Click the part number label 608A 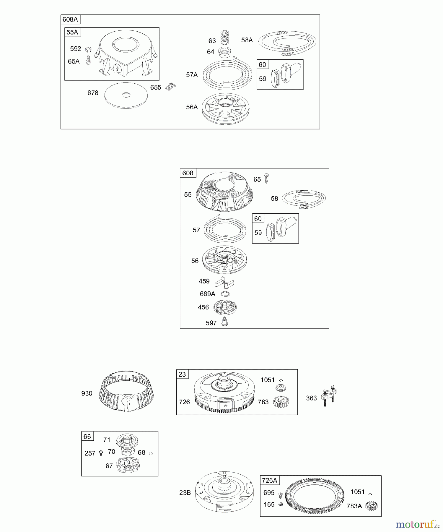[70, 20]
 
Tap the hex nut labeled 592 [88, 49]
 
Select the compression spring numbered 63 [225, 38]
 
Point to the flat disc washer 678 [126, 95]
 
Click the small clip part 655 [170, 87]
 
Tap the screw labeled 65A [88, 60]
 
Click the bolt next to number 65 [266, 179]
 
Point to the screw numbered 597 [224, 322]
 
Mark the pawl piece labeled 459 [225, 283]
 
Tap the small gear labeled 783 [281, 402]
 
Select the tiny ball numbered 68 [151, 453]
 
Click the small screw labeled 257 [101, 453]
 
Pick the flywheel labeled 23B [224, 492]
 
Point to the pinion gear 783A [371, 506]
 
